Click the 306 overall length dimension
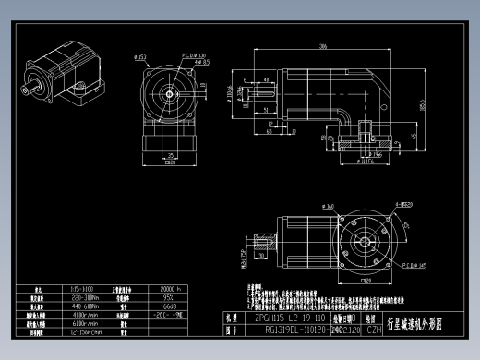pos(322,46)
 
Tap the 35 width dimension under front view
pos(172,155)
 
